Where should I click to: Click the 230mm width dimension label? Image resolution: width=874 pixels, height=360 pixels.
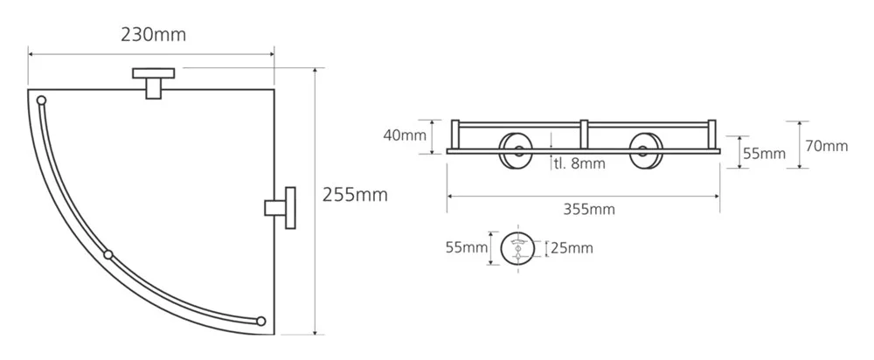[x=153, y=35]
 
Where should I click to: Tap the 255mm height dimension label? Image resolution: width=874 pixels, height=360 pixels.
[x=355, y=195]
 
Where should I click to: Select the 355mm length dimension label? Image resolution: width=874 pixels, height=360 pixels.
[x=589, y=210]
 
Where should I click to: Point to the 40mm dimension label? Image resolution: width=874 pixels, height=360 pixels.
[x=405, y=135]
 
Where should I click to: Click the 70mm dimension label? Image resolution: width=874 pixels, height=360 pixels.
[x=827, y=147]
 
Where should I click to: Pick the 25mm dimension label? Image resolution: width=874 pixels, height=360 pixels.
[x=572, y=248]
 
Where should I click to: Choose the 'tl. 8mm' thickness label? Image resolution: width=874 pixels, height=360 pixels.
[x=579, y=164]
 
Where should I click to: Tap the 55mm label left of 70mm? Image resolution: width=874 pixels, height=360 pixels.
[x=764, y=154]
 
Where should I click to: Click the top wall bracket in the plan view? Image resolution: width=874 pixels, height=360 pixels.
[x=153, y=82]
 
